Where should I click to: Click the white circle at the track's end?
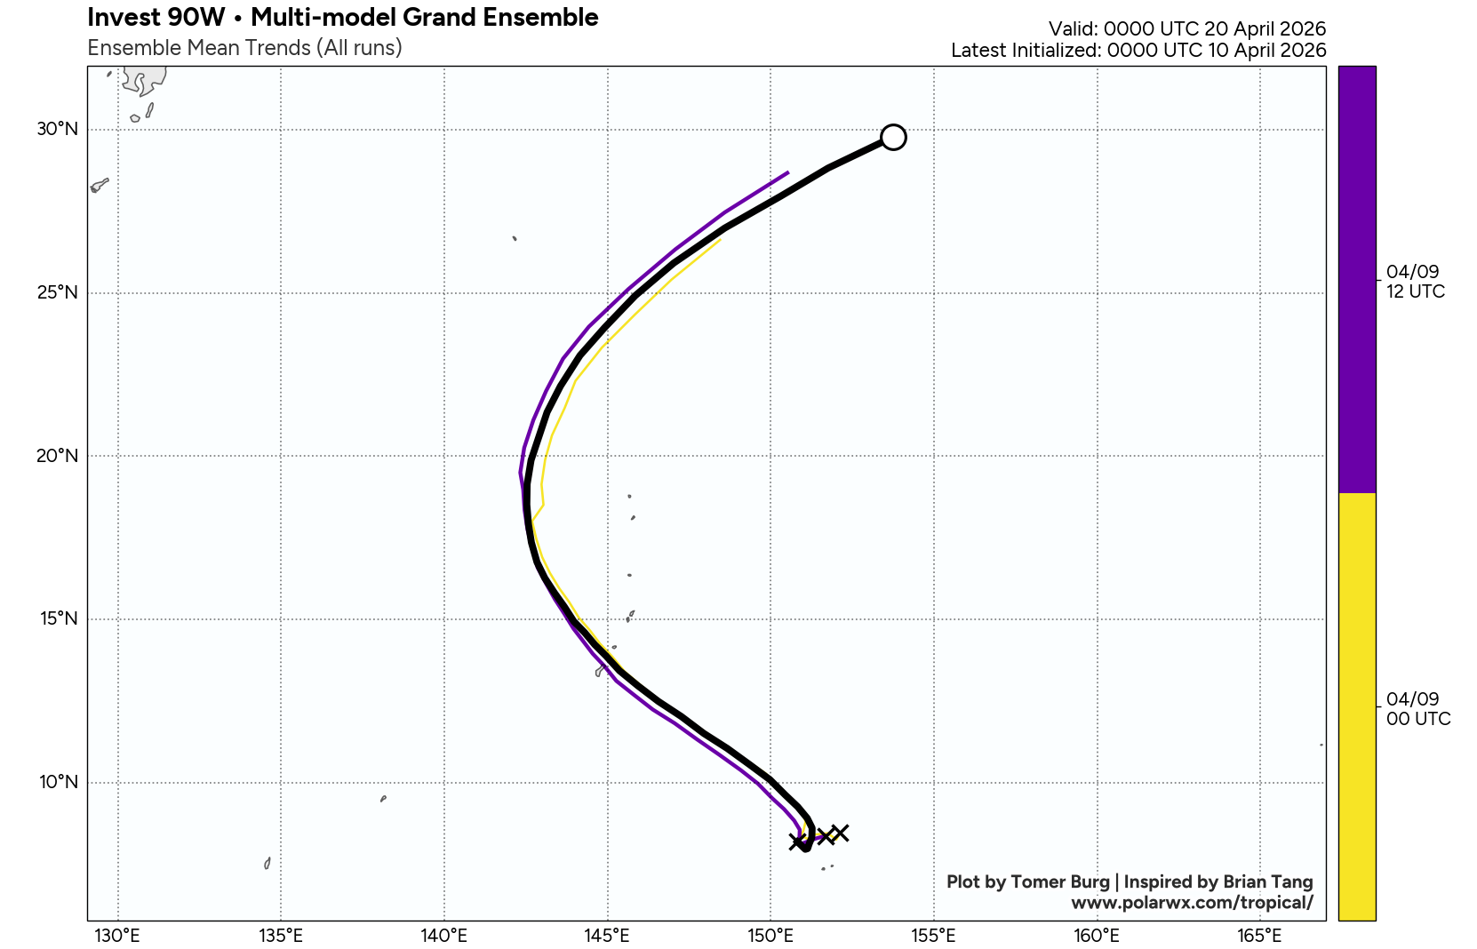(893, 137)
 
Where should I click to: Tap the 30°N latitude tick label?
(57, 129)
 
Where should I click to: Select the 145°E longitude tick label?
(607, 936)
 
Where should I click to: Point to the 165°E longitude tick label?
(1260, 936)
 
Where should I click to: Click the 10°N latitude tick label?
(58, 782)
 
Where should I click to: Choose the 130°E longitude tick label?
(117, 936)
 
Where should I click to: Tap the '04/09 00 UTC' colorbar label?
(1417, 709)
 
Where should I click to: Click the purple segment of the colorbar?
(1356, 279)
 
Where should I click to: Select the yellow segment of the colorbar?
(1356, 706)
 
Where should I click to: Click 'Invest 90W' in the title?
(156, 17)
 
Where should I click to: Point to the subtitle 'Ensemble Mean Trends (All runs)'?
(244, 48)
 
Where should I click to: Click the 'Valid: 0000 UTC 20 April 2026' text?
(1186, 29)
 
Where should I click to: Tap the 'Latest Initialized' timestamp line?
(1138, 51)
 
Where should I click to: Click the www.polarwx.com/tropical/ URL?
(1191, 903)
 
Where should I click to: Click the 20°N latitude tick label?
(57, 456)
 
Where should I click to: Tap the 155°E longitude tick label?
(934, 936)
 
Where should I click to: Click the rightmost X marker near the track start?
(840, 833)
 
